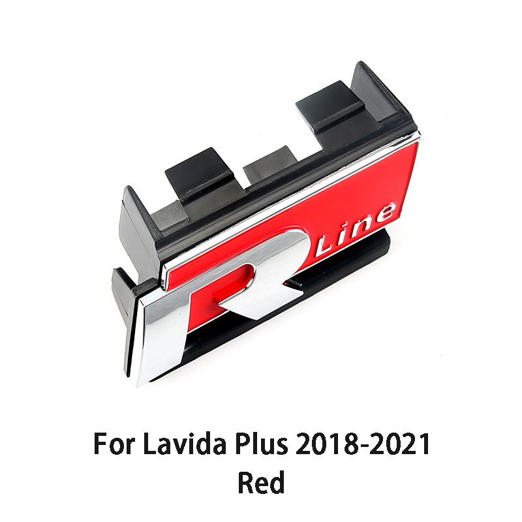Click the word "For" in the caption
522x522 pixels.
[113, 444]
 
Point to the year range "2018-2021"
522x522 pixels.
[362, 444]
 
